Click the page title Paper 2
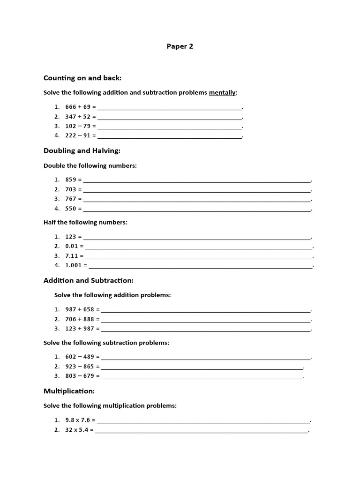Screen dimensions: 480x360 180,46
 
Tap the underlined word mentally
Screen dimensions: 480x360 222,93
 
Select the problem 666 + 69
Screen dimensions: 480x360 78,107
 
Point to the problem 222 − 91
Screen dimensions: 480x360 78,135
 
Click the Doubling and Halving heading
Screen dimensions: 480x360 82,151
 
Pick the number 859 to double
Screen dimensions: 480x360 71,180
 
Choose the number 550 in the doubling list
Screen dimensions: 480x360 71,209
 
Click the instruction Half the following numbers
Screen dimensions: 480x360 85,223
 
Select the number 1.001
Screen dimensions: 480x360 74,265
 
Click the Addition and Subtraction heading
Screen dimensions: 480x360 89,280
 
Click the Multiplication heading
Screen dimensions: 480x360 69,391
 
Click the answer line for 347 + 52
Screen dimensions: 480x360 170,117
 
